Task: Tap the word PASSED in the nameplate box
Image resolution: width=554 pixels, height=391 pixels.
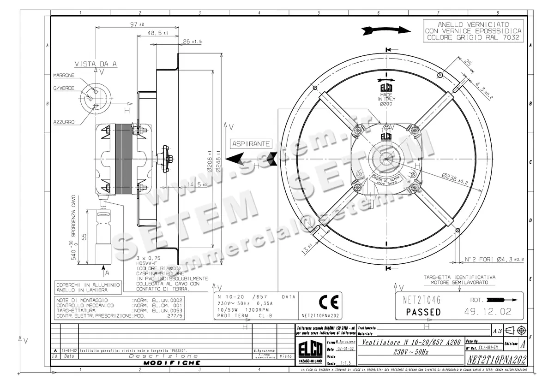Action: coord(423,312)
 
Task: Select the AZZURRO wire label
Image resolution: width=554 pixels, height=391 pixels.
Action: coord(64,122)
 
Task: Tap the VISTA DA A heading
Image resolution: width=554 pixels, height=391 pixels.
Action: coord(96,64)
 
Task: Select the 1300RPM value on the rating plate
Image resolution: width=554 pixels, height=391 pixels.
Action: coord(253,310)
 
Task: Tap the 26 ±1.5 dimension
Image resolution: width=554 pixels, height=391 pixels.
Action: coord(193,41)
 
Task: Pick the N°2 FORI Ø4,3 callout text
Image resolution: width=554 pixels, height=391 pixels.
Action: coord(493,260)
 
